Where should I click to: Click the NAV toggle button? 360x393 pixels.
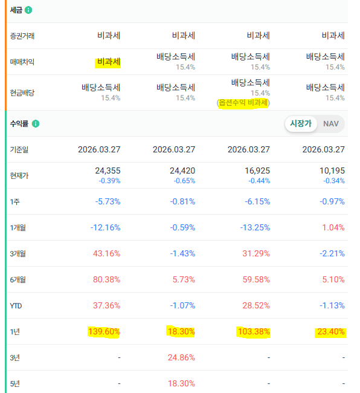coord(331,123)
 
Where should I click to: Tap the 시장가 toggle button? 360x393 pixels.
coord(301,123)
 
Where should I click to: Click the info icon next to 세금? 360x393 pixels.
coord(28,10)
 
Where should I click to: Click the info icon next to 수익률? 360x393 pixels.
coord(36,123)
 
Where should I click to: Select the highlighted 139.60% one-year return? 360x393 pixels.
coord(104,331)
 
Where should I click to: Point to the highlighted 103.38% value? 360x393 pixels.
coord(254,331)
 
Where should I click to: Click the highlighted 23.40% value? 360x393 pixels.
coord(331,331)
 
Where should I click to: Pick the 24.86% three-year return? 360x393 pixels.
coord(181,357)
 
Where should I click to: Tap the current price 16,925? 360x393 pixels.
coord(257,171)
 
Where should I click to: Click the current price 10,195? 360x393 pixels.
coord(332,171)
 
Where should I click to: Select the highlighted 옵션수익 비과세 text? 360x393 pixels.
coord(243,103)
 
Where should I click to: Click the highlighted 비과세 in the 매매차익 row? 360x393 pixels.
coord(109,62)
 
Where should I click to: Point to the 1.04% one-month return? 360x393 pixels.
coord(333,227)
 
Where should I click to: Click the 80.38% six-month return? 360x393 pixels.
coord(106,279)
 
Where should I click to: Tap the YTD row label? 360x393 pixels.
coord(16,306)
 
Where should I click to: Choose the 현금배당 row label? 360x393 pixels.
coord(22,93)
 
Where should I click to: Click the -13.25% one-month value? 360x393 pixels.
coord(255,227)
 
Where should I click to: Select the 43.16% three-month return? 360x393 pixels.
coord(106,253)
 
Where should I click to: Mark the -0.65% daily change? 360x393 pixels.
coord(184,181)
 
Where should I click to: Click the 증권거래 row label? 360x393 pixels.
coord(22,36)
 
